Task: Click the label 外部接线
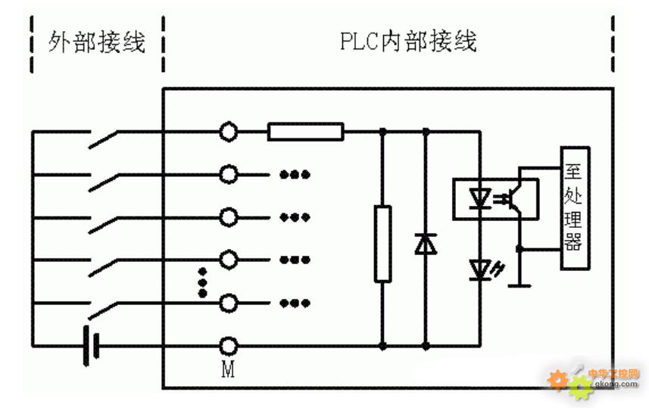[x=96, y=42]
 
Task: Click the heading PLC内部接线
[x=407, y=42]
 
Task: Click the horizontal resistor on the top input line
[x=305, y=132]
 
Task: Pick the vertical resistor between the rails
[x=383, y=243]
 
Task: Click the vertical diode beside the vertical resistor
[x=425, y=244]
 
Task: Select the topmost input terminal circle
[x=228, y=132]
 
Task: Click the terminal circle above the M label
[x=228, y=347]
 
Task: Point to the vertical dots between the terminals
[x=202, y=282]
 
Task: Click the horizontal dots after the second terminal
[x=295, y=175]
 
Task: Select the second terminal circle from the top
[x=228, y=175]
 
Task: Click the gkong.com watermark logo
[x=594, y=378]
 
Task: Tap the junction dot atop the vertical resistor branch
[x=383, y=132]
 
